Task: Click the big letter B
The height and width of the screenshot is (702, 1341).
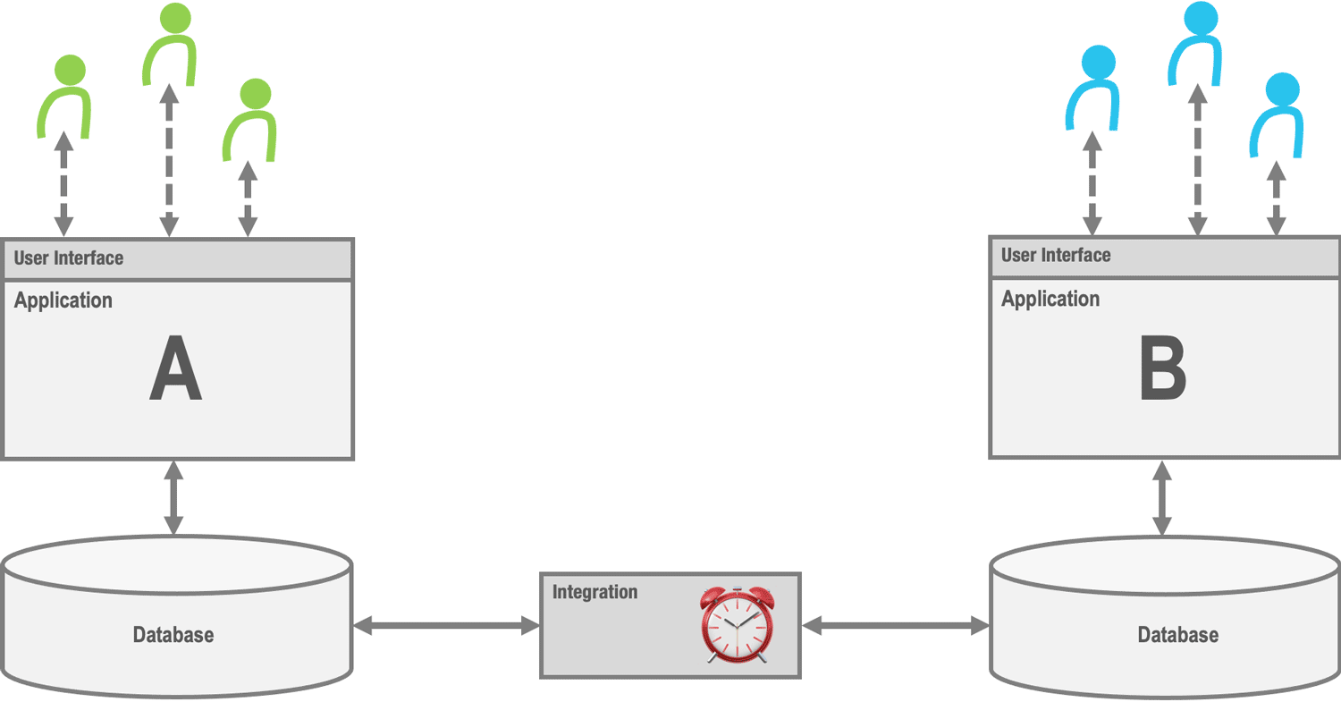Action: coord(1162,368)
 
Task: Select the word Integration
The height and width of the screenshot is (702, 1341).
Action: coord(595,592)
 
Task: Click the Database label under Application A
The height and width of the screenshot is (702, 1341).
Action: coord(173,635)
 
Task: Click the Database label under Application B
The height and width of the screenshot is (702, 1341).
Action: coord(1177,635)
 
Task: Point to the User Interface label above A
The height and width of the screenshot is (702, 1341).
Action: coord(69,258)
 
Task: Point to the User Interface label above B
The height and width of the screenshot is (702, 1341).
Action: coord(1056,255)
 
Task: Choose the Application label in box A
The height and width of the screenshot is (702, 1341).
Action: coord(63,300)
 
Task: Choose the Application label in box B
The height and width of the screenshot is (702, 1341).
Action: coord(1050,299)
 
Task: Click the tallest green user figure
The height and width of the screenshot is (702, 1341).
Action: coord(168,45)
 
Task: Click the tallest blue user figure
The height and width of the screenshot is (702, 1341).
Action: coord(1195,43)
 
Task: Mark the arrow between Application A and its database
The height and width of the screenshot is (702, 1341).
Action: coord(173,497)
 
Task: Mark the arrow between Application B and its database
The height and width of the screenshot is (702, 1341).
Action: coord(1162,498)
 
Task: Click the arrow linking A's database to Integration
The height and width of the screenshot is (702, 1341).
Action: coord(446,626)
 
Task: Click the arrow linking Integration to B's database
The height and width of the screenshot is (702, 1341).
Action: coord(895,626)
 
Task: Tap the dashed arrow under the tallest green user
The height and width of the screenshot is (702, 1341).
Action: coord(167,161)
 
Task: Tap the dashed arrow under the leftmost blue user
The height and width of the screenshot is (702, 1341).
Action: coord(1092,183)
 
